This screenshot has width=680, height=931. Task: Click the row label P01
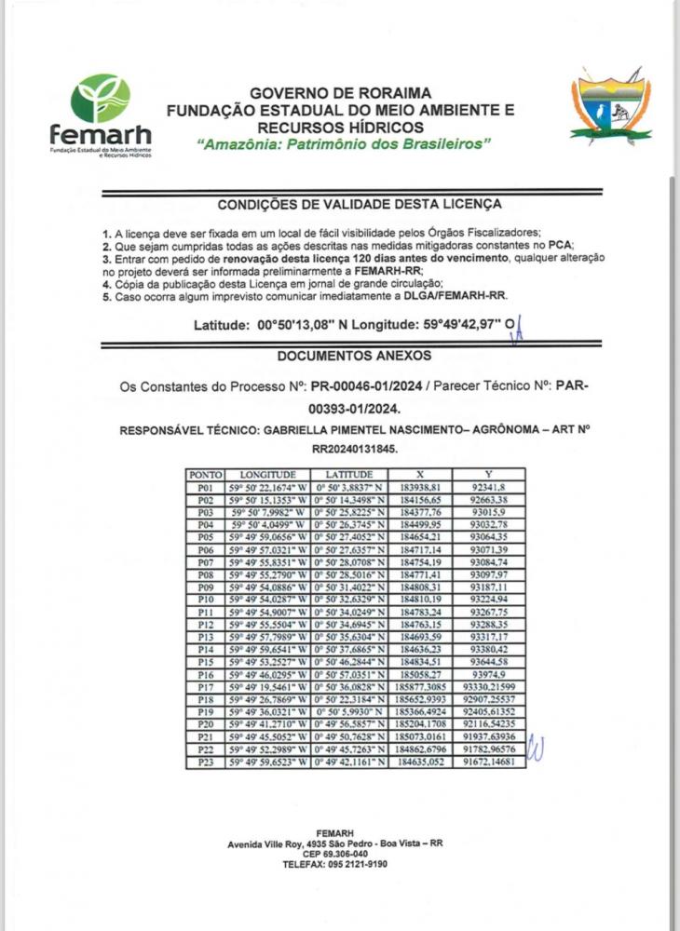206,487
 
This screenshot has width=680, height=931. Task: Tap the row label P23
206,762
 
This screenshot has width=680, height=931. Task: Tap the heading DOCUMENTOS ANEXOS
340,356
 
